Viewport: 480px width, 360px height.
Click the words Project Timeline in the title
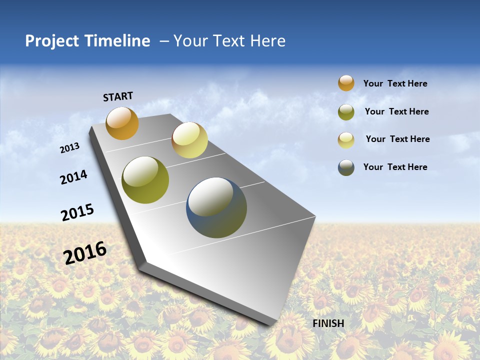87,41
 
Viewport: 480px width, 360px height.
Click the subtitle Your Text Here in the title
229,41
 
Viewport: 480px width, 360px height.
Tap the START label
118,96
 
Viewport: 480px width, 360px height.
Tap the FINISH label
328,323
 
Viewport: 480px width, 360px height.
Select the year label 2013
69,148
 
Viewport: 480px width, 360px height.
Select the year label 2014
73,177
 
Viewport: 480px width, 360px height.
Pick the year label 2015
77,212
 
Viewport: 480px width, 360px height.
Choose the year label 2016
85,253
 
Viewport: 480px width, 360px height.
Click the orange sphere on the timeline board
122,123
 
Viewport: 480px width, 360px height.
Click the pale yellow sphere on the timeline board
189,140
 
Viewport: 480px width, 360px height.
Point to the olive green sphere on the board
145,180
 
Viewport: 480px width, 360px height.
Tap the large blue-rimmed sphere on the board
216,207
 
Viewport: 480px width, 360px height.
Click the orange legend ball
346,83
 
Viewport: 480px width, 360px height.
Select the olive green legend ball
346,112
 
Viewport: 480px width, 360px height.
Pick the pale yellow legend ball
346,140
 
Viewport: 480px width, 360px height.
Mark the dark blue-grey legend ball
346,167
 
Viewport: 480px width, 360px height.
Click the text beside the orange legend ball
395,83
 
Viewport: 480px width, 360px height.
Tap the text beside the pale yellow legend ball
397,139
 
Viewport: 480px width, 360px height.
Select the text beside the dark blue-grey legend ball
395,167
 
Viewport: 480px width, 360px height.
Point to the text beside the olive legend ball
396,111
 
